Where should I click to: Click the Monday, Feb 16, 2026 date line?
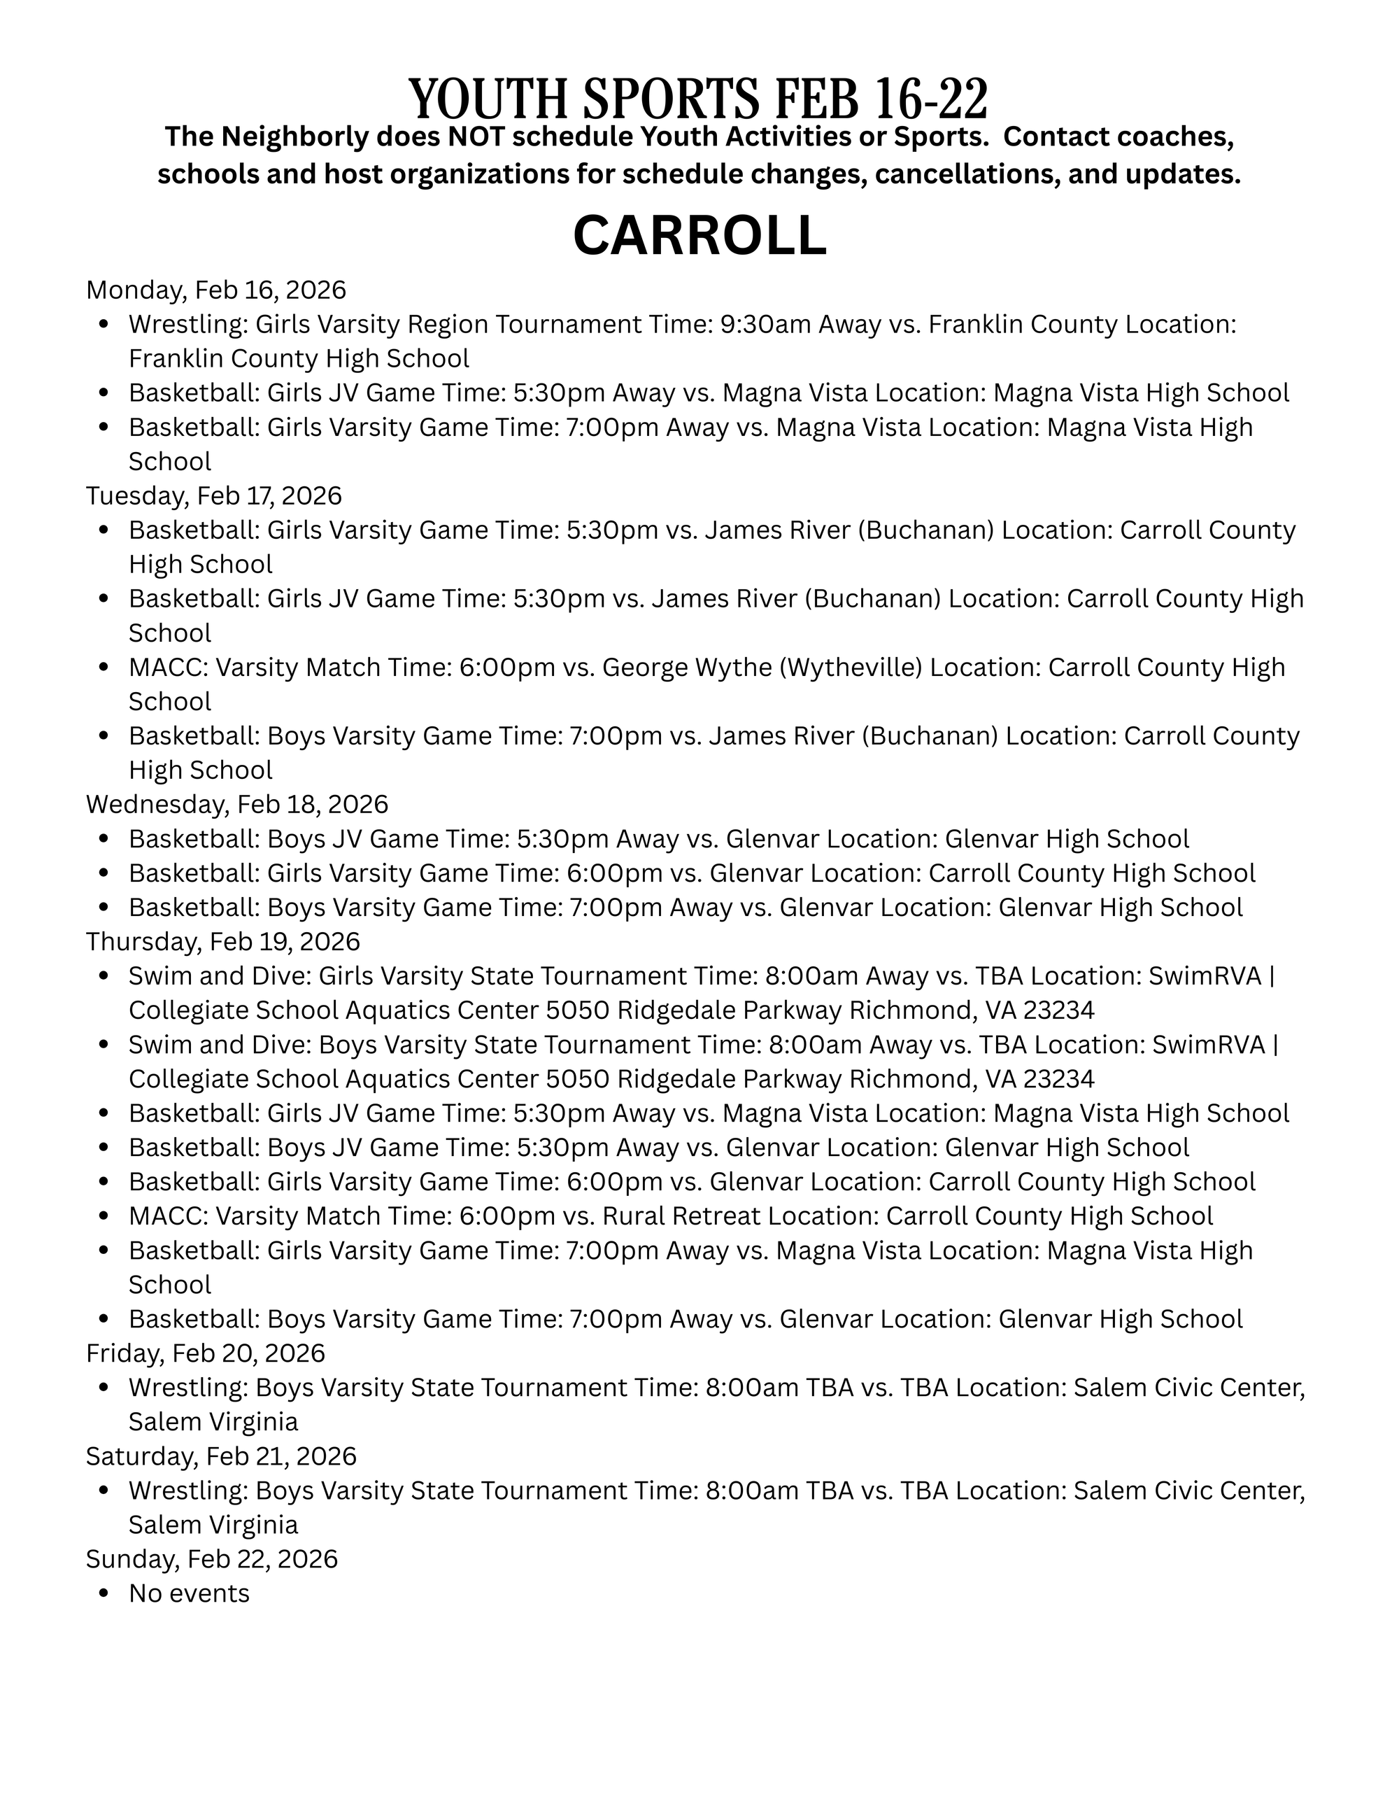(x=215, y=290)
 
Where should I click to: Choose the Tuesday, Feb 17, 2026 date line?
(x=214, y=496)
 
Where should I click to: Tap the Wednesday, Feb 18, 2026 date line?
(x=237, y=804)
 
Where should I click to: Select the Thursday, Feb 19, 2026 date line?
(x=223, y=941)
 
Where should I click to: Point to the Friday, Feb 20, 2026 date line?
(x=206, y=1353)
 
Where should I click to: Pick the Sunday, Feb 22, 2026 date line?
(x=212, y=1559)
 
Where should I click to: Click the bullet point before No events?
(x=104, y=1594)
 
